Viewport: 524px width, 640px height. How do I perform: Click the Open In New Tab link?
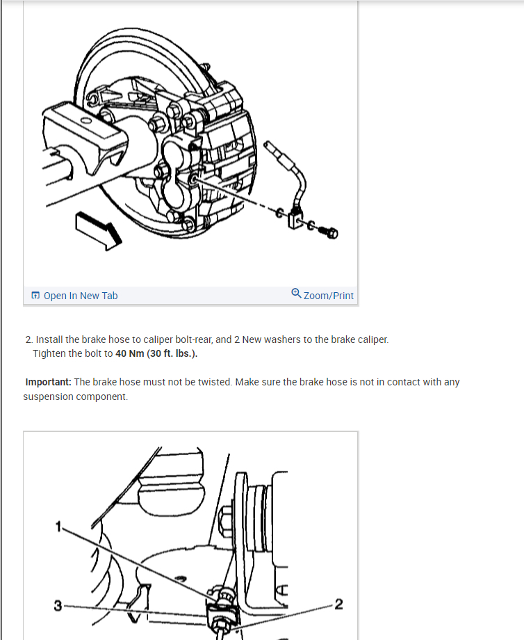(x=80, y=296)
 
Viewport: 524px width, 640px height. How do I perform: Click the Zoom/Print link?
(x=328, y=296)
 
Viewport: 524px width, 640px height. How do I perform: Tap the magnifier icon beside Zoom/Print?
(x=296, y=294)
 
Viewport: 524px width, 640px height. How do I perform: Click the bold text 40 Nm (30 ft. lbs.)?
(x=156, y=353)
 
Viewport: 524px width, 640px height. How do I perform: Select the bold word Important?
(x=47, y=382)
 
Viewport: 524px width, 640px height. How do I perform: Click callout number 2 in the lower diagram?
(x=338, y=603)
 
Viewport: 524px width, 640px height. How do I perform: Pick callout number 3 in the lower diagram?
(x=58, y=605)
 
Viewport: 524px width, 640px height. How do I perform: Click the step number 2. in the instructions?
(x=28, y=340)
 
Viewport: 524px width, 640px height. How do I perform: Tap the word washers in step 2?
(x=290, y=340)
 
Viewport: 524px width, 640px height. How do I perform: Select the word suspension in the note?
(x=48, y=397)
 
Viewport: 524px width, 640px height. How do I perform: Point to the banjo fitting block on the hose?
(x=300, y=221)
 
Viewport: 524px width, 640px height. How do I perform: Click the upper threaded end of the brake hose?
(x=273, y=147)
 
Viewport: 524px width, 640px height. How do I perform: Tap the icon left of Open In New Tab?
(x=35, y=296)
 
